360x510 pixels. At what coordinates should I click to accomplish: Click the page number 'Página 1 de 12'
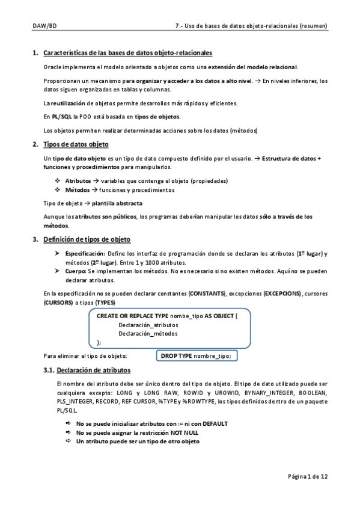[307, 476]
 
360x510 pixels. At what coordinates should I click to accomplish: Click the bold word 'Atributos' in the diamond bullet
[78, 180]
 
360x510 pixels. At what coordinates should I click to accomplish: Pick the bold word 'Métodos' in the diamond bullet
[76, 189]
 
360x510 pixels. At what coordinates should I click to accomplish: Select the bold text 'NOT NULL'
[184, 432]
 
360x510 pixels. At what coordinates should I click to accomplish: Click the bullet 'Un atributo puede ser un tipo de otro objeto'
[138, 441]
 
